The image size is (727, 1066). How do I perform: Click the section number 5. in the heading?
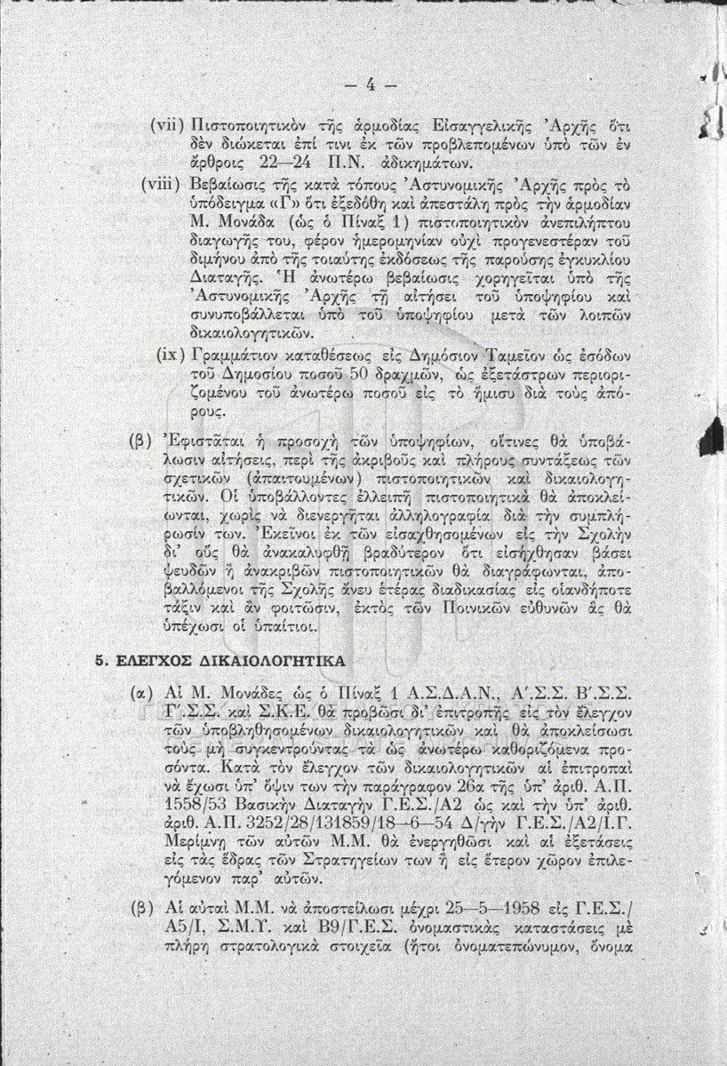click(x=101, y=662)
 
